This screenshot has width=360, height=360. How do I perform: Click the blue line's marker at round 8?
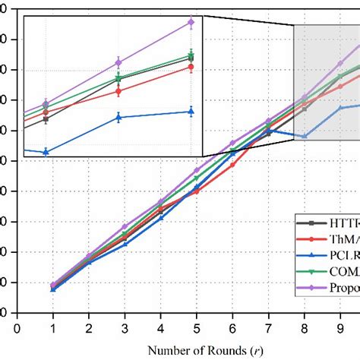pos(305,137)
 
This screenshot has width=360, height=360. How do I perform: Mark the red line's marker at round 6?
pos(232,164)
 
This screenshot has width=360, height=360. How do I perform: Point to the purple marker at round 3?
pos(125,226)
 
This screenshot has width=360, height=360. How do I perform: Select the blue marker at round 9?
pos(340,108)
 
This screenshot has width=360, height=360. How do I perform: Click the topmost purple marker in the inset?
pos(191,23)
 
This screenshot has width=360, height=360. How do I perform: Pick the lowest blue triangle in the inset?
pos(46,152)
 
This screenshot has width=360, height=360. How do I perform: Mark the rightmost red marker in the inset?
pos(191,67)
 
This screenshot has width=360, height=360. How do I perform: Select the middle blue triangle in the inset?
pos(118,117)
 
